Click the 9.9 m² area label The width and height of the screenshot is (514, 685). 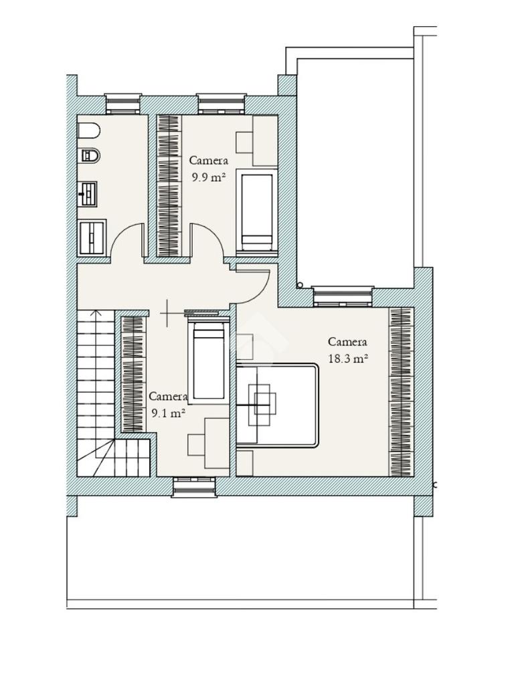point(209,177)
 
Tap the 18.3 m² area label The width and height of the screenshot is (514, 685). point(347,359)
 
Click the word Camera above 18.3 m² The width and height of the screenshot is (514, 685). point(347,342)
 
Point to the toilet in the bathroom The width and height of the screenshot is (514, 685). point(89,130)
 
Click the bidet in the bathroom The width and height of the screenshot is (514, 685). point(90,155)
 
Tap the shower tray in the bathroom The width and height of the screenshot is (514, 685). point(92,237)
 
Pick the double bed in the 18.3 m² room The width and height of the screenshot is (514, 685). point(277,405)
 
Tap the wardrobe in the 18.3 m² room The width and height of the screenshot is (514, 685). point(402,392)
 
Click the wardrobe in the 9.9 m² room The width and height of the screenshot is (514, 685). point(169,185)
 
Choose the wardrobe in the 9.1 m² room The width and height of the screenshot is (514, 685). point(133,373)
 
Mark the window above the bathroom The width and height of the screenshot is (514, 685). point(124,104)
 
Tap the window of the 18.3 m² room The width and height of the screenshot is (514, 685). point(343,296)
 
